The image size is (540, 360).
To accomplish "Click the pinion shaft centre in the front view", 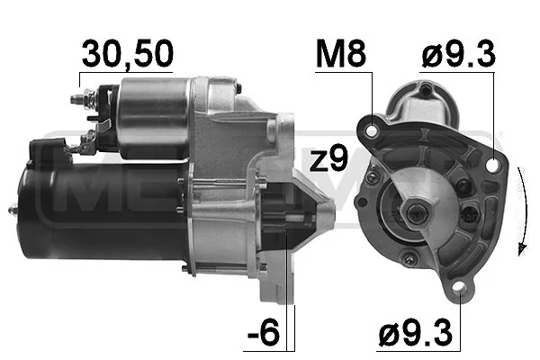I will [418, 213].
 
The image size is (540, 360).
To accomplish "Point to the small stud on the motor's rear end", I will [13, 211].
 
